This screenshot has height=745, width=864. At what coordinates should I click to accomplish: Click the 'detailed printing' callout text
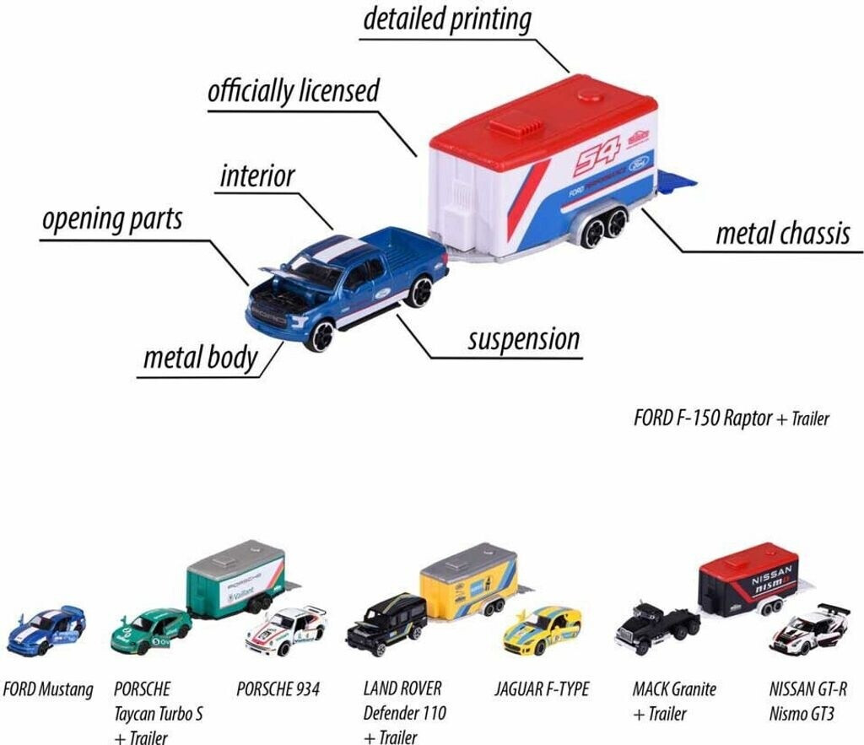click(446, 19)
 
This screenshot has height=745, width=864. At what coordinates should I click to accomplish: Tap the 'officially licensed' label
click(293, 91)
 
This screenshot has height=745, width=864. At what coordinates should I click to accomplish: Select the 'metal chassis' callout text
click(782, 234)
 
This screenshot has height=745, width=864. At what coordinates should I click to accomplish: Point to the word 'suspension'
click(523, 339)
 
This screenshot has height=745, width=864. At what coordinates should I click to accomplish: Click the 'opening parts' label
click(112, 219)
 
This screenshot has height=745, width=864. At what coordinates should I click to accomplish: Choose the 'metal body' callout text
click(200, 358)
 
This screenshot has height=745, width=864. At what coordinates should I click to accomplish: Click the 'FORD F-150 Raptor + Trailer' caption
click(731, 418)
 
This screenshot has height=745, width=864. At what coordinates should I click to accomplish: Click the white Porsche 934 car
click(286, 630)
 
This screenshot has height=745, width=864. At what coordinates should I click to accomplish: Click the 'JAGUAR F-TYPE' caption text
click(542, 689)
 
